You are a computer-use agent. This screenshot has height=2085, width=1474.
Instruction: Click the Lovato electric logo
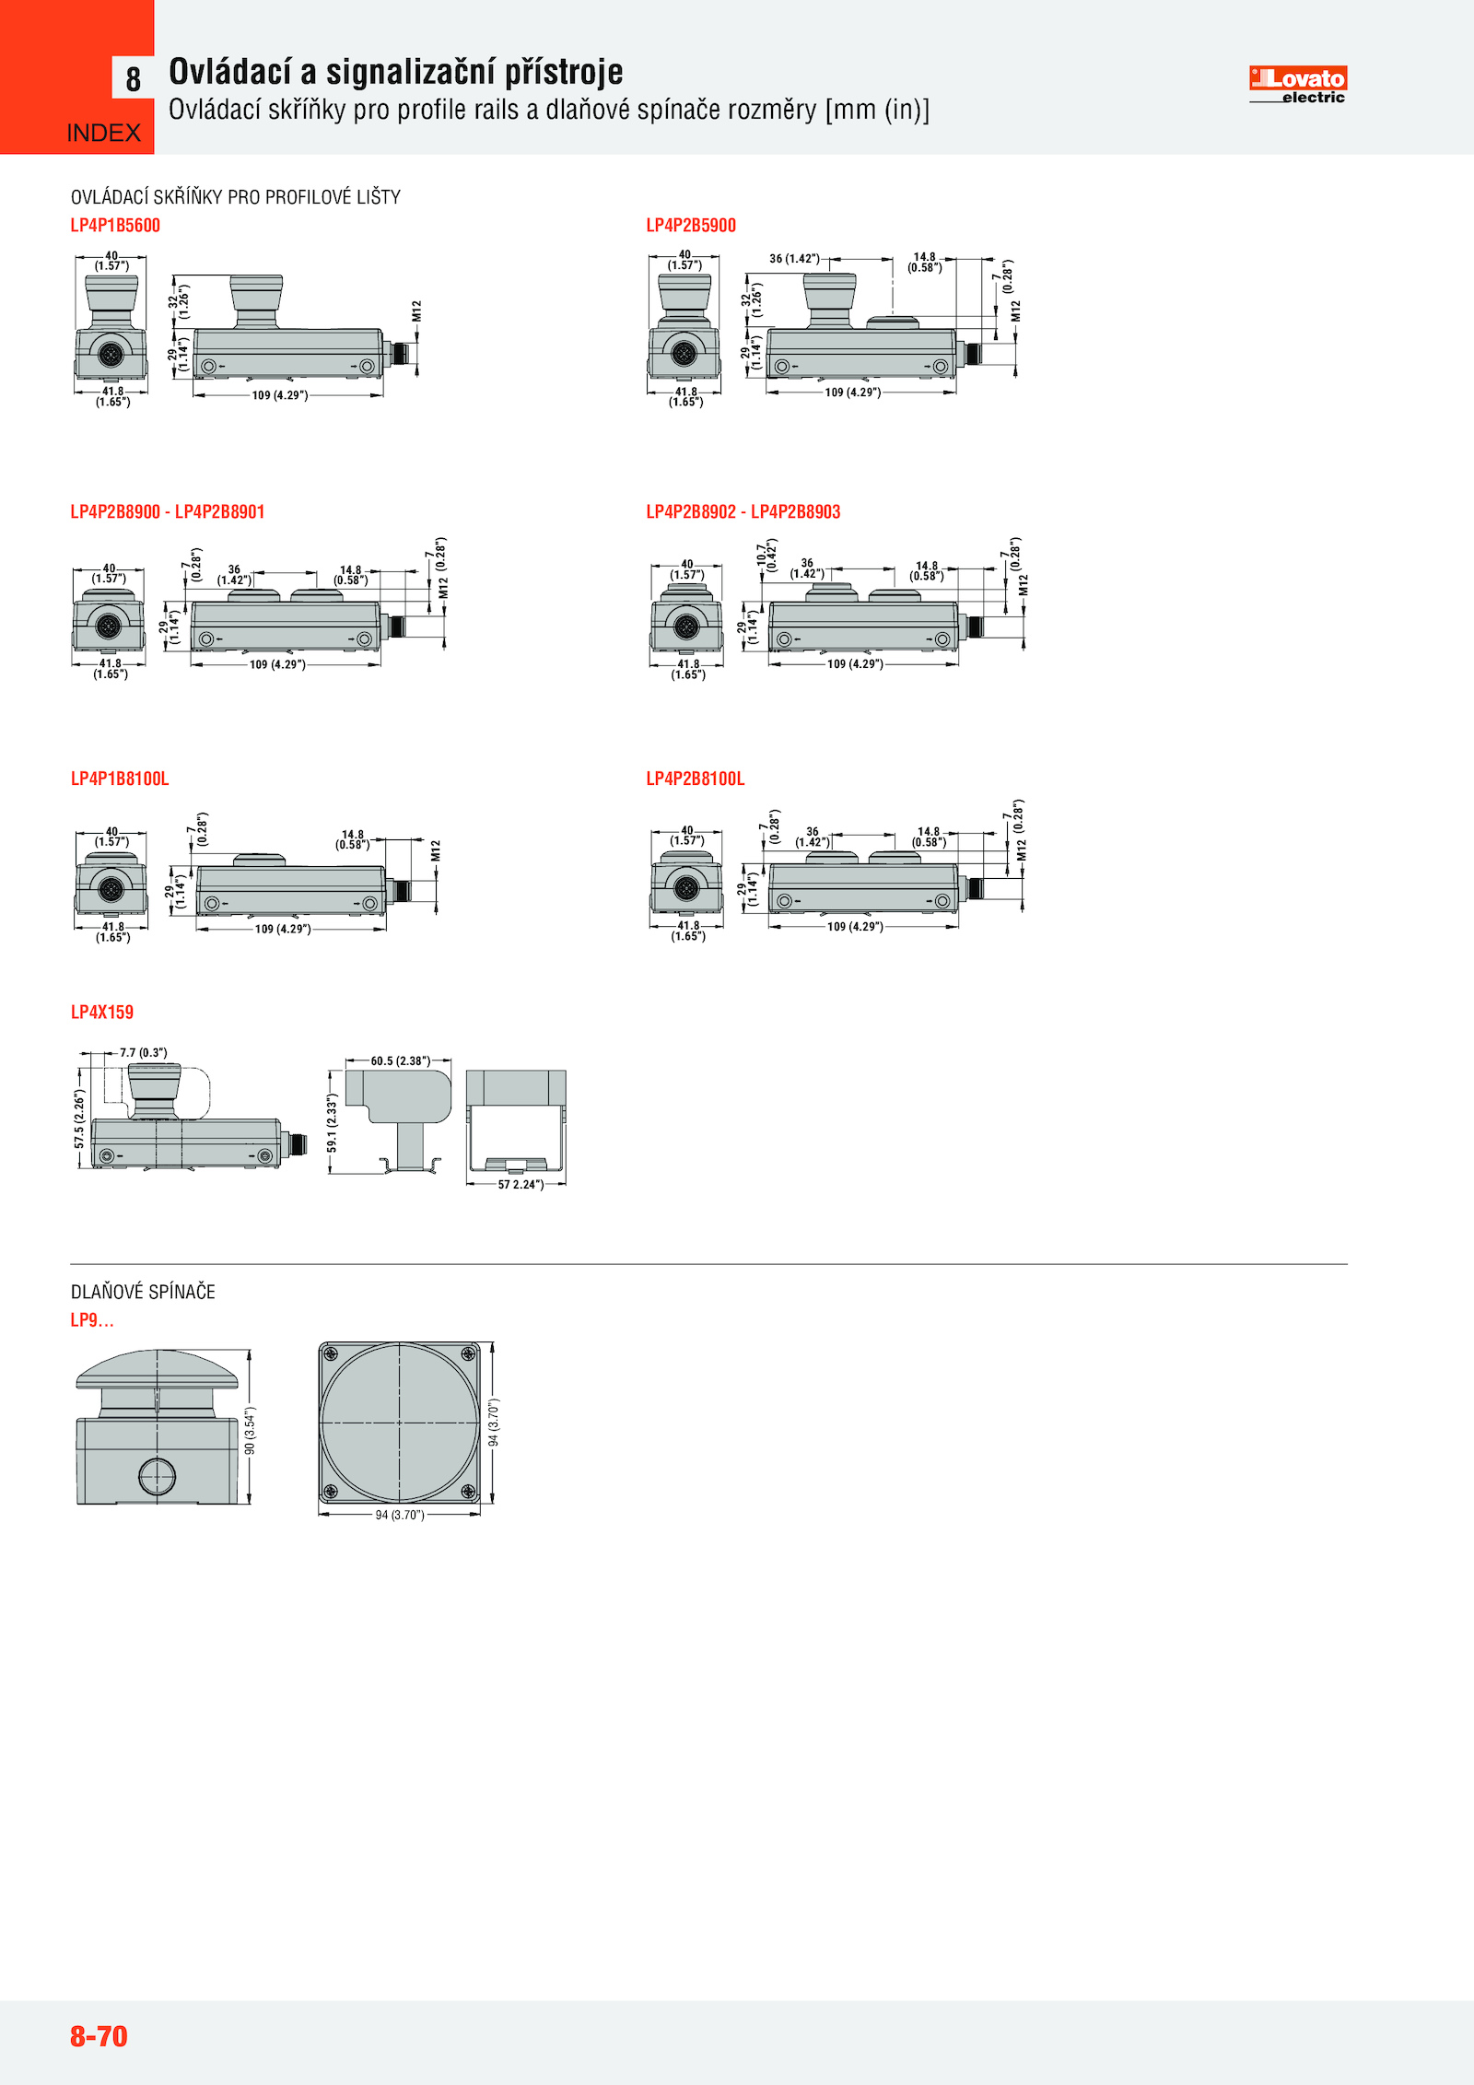coord(1297,84)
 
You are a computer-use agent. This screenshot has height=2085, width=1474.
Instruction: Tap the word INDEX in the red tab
coord(103,134)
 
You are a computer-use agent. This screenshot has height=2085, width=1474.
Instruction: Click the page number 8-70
coord(99,2035)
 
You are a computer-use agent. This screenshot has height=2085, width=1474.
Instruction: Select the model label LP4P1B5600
coord(115,226)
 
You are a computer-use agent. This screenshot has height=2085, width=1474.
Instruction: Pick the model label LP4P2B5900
coord(691,226)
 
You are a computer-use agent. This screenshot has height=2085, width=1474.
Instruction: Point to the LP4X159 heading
coord(102,1013)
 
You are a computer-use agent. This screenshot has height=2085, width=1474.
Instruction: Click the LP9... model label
coord(92,1320)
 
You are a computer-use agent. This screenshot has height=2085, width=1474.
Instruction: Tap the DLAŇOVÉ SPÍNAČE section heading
coord(143,1292)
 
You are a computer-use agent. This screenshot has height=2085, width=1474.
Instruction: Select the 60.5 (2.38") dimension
coord(400,1061)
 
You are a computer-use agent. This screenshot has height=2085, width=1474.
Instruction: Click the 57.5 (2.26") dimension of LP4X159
coord(79,1119)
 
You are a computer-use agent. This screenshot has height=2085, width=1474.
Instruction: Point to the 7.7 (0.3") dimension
coord(144,1052)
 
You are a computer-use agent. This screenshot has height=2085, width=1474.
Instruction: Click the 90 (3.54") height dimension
coord(250,1430)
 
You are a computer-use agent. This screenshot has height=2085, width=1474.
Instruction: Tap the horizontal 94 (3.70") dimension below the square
coord(400,1515)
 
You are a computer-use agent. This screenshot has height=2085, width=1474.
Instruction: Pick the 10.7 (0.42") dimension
coord(766,556)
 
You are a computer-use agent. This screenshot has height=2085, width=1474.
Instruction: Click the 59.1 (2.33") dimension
coord(333,1122)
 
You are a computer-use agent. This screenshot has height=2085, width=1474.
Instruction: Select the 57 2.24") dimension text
coord(521,1185)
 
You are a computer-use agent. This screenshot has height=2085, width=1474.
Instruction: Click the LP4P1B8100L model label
coord(120,779)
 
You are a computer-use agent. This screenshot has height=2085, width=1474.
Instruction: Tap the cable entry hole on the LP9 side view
coord(157,1476)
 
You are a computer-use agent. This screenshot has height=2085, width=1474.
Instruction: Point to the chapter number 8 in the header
coord(134,79)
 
